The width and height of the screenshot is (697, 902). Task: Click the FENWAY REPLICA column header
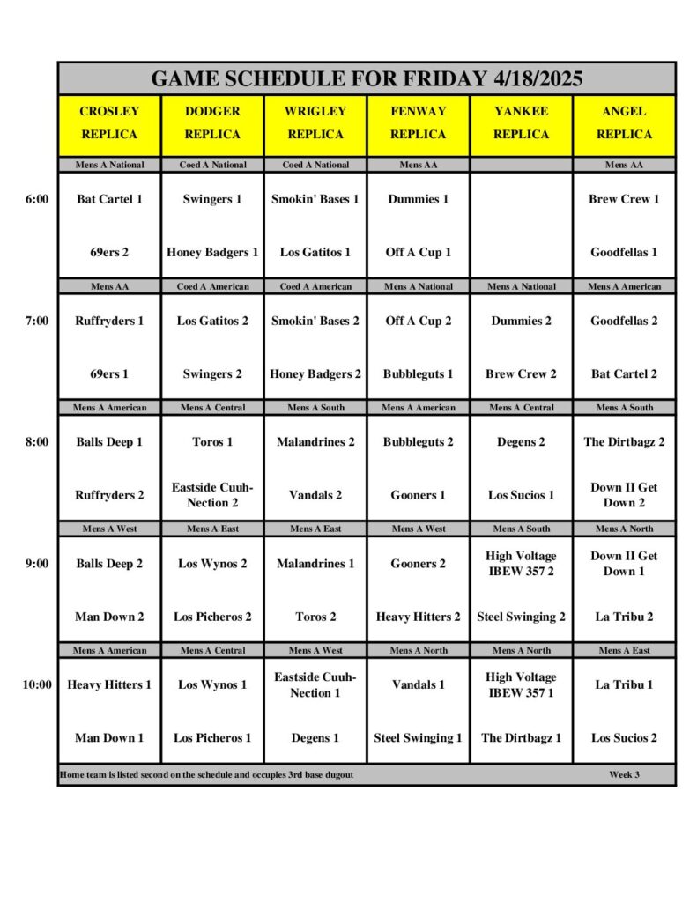tap(418, 123)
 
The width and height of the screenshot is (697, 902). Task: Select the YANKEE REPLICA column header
tap(521, 123)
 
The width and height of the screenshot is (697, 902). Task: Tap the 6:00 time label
tap(37, 199)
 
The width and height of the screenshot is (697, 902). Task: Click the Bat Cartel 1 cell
tap(109, 199)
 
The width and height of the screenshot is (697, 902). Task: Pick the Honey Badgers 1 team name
tap(212, 252)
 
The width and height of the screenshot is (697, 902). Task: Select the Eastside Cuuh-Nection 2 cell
tap(212, 495)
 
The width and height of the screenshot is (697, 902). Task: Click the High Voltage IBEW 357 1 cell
tap(521, 684)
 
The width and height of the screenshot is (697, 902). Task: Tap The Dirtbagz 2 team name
tap(624, 442)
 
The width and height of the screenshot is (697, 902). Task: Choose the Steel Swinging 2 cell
tap(521, 617)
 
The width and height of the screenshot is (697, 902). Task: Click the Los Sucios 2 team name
tap(624, 738)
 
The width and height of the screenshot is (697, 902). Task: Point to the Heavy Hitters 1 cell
tap(109, 684)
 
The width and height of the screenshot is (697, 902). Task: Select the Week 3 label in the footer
tap(624, 775)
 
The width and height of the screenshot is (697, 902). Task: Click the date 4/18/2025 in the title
tap(536, 78)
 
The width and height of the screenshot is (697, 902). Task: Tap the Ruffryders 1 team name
tap(109, 321)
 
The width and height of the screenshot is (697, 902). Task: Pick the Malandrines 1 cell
tap(315, 564)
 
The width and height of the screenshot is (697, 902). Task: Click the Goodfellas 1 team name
tap(624, 252)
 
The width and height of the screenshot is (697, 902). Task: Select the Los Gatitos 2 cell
tap(212, 321)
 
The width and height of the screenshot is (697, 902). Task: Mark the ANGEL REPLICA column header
tap(624, 123)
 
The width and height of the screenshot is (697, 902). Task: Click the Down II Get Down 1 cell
tap(624, 564)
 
